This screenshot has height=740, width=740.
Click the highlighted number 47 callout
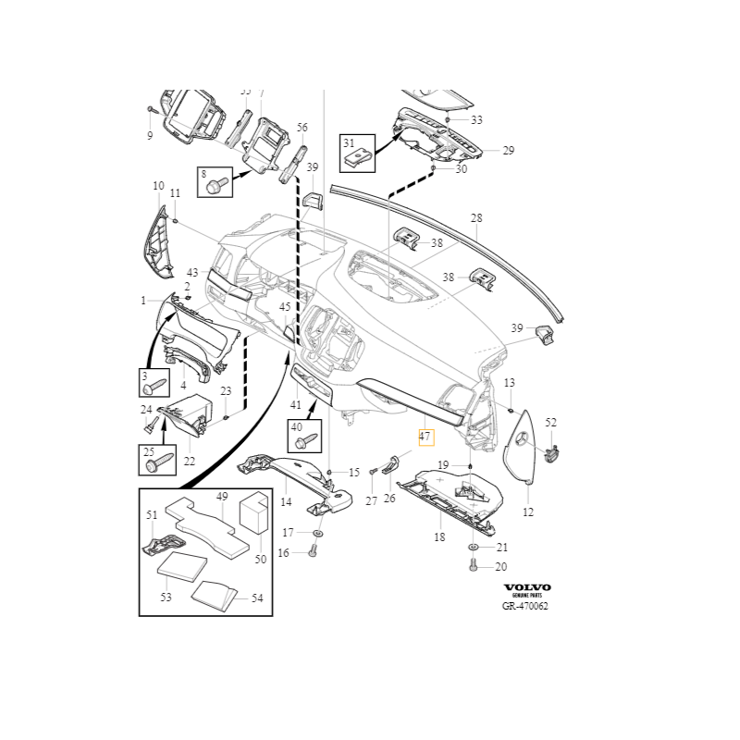pos(425,438)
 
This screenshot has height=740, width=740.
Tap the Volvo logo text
pos(526,587)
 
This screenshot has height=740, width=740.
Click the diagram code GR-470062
pos(525,606)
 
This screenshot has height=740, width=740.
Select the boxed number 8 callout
pos(203,173)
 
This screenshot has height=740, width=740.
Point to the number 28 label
pos(476,218)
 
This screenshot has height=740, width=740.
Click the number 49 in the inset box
pos(222,497)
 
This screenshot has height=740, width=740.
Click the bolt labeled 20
pos(472,566)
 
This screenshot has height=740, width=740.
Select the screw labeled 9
pos(151,110)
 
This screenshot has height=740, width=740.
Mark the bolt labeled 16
pos(312,552)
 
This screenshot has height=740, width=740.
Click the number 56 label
pos(302,128)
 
